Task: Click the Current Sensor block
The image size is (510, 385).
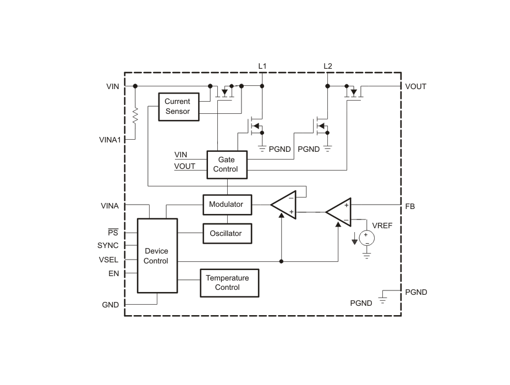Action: [x=179, y=107]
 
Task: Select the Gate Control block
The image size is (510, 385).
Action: [x=227, y=164]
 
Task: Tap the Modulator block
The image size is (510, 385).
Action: [x=227, y=205]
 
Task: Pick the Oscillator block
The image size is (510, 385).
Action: [x=227, y=233]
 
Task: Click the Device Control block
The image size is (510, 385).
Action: [x=157, y=256]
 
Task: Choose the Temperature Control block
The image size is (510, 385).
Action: [x=229, y=283]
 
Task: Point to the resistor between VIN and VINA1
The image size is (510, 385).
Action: [x=135, y=116]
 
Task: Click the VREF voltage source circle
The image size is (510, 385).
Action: [x=366, y=238]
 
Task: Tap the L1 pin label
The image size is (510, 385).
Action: [x=262, y=66]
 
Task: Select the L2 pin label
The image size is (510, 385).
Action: [x=327, y=66]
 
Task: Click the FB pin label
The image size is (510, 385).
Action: [x=410, y=206]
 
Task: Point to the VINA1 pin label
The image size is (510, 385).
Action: [x=110, y=140]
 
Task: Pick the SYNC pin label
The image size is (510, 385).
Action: [x=108, y=245]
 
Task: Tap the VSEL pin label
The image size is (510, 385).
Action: [x=108, y=260]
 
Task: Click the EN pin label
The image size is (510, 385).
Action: [x=113, y=274]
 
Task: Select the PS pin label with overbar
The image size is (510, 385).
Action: [x=113, y=233]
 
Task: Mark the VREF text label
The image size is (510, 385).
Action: [x=382, y=226]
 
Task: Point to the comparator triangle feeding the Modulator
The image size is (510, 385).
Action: [x=284, y=205]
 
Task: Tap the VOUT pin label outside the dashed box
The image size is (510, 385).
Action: [x=416, y=86]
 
